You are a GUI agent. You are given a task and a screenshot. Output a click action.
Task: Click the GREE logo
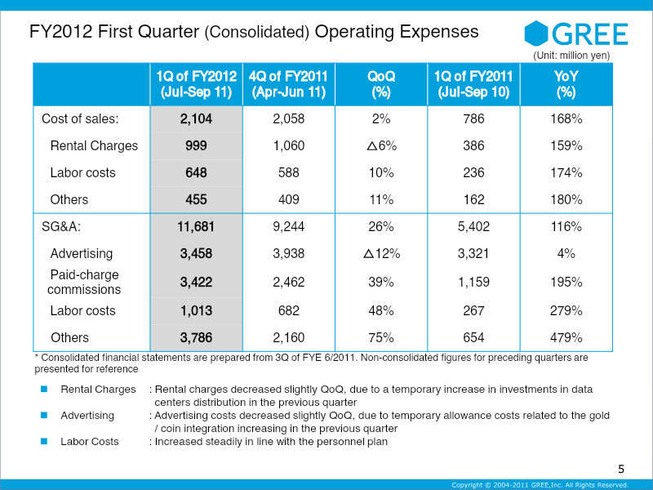(x=576, y=33)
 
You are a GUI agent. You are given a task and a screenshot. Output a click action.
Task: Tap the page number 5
(x=621, y=469)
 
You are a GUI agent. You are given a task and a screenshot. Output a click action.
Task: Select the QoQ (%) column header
(x=381, y=84)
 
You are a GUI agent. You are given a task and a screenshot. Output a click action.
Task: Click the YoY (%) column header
(x=566, y=84)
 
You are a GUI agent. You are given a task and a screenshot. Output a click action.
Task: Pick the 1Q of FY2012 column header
(x=196, y=84)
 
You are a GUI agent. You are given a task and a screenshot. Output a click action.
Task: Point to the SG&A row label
(x=65, y=226)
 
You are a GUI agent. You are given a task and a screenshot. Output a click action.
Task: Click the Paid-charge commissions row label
(x=84, y=282)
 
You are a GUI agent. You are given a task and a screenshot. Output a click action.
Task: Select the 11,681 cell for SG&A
(x=196, y=226)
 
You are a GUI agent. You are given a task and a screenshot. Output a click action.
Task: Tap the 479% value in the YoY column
(x=566, y=337)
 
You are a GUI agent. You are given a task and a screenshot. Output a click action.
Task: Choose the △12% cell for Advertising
(x=381, y=254)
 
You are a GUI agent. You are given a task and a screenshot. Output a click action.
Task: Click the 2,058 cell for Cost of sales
(x=288, y=118)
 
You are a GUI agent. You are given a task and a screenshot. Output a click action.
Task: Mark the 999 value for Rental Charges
(x=196, y=145)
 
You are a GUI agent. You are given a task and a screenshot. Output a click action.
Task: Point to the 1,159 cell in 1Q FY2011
(x=473, y=282)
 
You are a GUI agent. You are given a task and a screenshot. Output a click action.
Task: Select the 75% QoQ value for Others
(x=381, y=337)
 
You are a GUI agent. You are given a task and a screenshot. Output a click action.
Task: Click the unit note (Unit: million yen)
(x=571, y=56)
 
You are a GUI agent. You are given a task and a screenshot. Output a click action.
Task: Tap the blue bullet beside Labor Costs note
(x=46, y=441)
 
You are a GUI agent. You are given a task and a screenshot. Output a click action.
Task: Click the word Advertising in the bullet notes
(x=87, y=416)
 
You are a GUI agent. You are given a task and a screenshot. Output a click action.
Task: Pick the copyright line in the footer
(x=540, y=484)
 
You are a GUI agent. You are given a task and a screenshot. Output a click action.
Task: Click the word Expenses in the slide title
(x=436, y=33)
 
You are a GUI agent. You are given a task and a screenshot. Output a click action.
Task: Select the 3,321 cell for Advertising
(x=473, y=254)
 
